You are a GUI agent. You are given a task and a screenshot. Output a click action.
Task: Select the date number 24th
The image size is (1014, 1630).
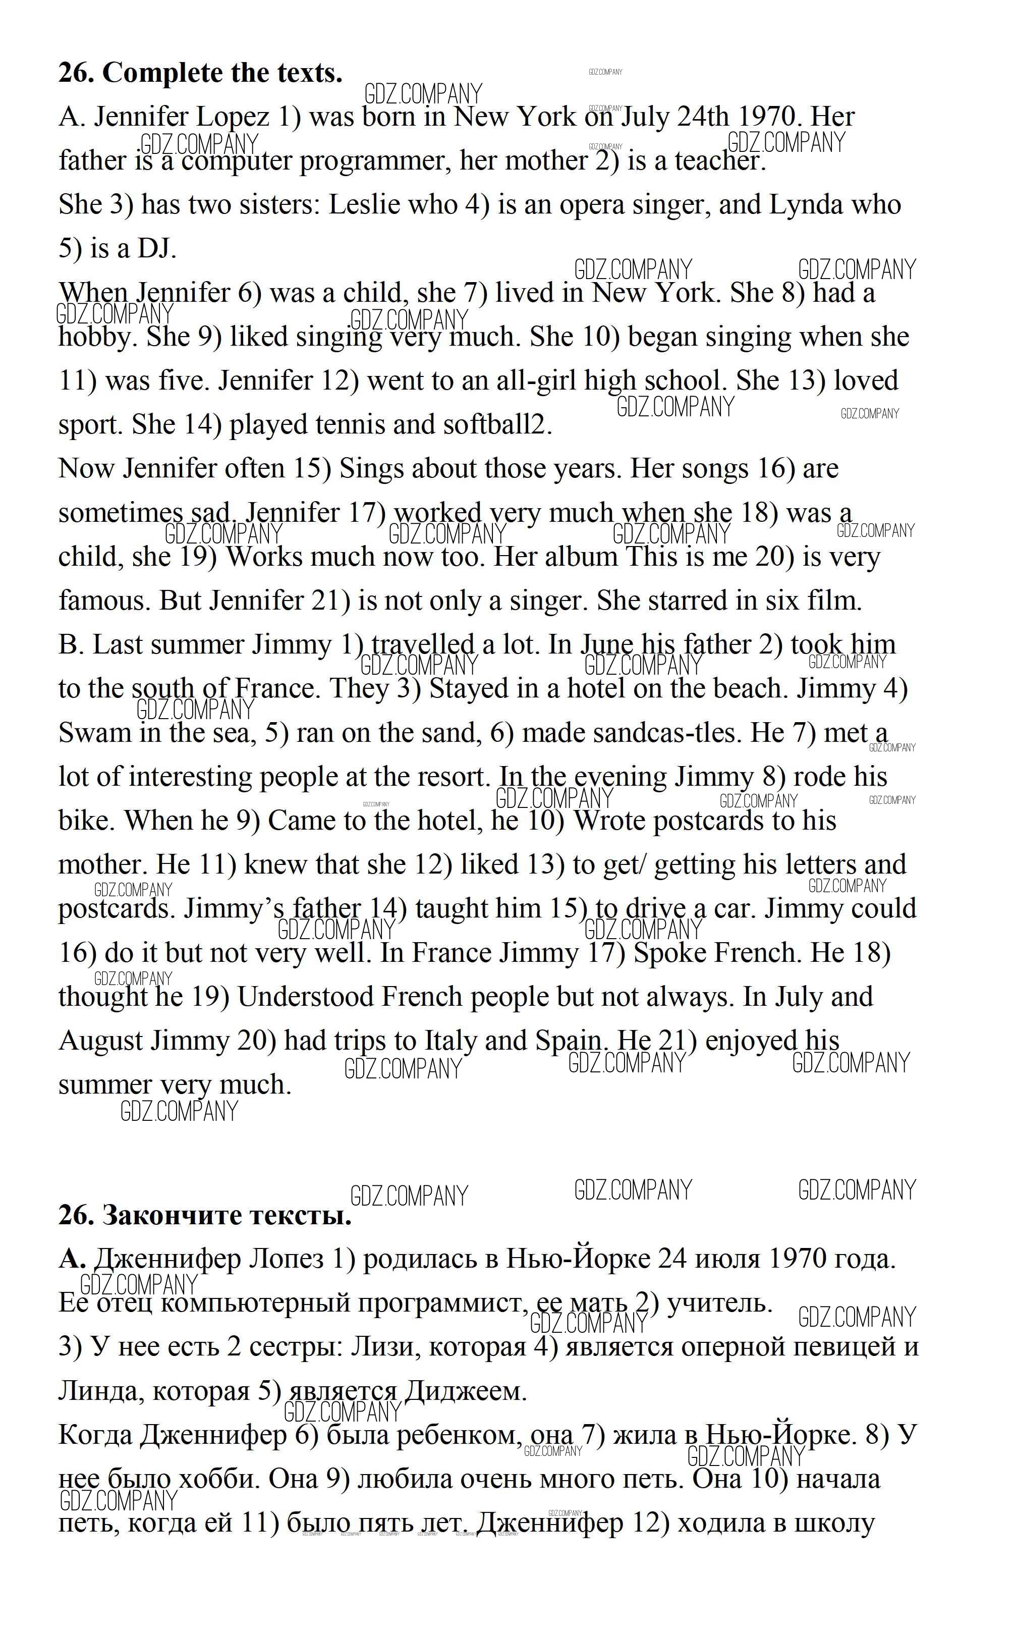(702, 118)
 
